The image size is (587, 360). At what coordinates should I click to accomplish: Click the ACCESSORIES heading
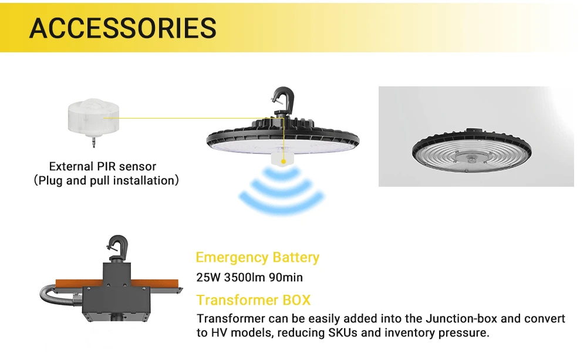pyautogui.click(x=123, y=28)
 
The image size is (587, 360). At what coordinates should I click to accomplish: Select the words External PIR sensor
pyautogui.click(x=103, y=166)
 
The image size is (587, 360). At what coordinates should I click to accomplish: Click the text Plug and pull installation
pyautogui.click(x=106, y=180)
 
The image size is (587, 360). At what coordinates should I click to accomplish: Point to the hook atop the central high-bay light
pyautogui.click(x=281, y=99)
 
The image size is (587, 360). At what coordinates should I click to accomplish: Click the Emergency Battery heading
pyautogui.click(x=257, y=257)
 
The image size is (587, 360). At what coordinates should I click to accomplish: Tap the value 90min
pyautogui.click(x=286, y=277)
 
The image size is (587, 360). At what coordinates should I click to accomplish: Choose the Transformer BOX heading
pyautogui.click(x=253, y=300)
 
